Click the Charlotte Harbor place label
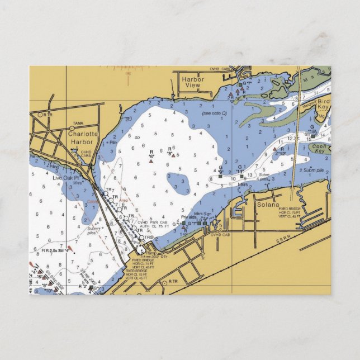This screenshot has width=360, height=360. [x=83, y=138]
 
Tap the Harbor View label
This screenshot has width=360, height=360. [x=193, y=83]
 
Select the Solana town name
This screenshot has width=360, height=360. [x=267, y=205]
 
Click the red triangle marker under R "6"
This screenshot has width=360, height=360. [x=151, y=161]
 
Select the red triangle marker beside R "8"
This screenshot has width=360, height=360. [x=173, y=155]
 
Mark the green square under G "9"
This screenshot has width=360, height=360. [x=220, y=176]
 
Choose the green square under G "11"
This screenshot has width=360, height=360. [x=241, y=176]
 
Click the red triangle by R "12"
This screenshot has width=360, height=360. [x=274, y=149]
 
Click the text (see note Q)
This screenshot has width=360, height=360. [x=215, y=113]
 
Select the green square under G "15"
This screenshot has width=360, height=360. [x=314, y=136]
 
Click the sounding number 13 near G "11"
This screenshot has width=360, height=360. [x=250, y=175]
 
